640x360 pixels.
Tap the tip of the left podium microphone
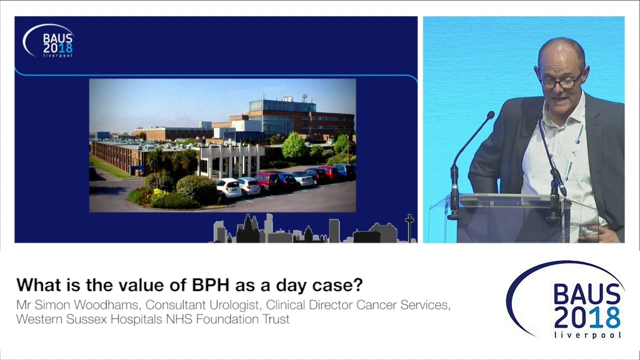point(490,115)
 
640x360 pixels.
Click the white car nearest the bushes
point(228,187)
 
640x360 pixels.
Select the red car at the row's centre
point(268,181)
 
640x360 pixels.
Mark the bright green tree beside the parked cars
point(294,146)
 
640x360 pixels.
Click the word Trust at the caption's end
point(276,319)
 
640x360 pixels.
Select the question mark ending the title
point(358,285)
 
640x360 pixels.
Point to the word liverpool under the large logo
point(588,335)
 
